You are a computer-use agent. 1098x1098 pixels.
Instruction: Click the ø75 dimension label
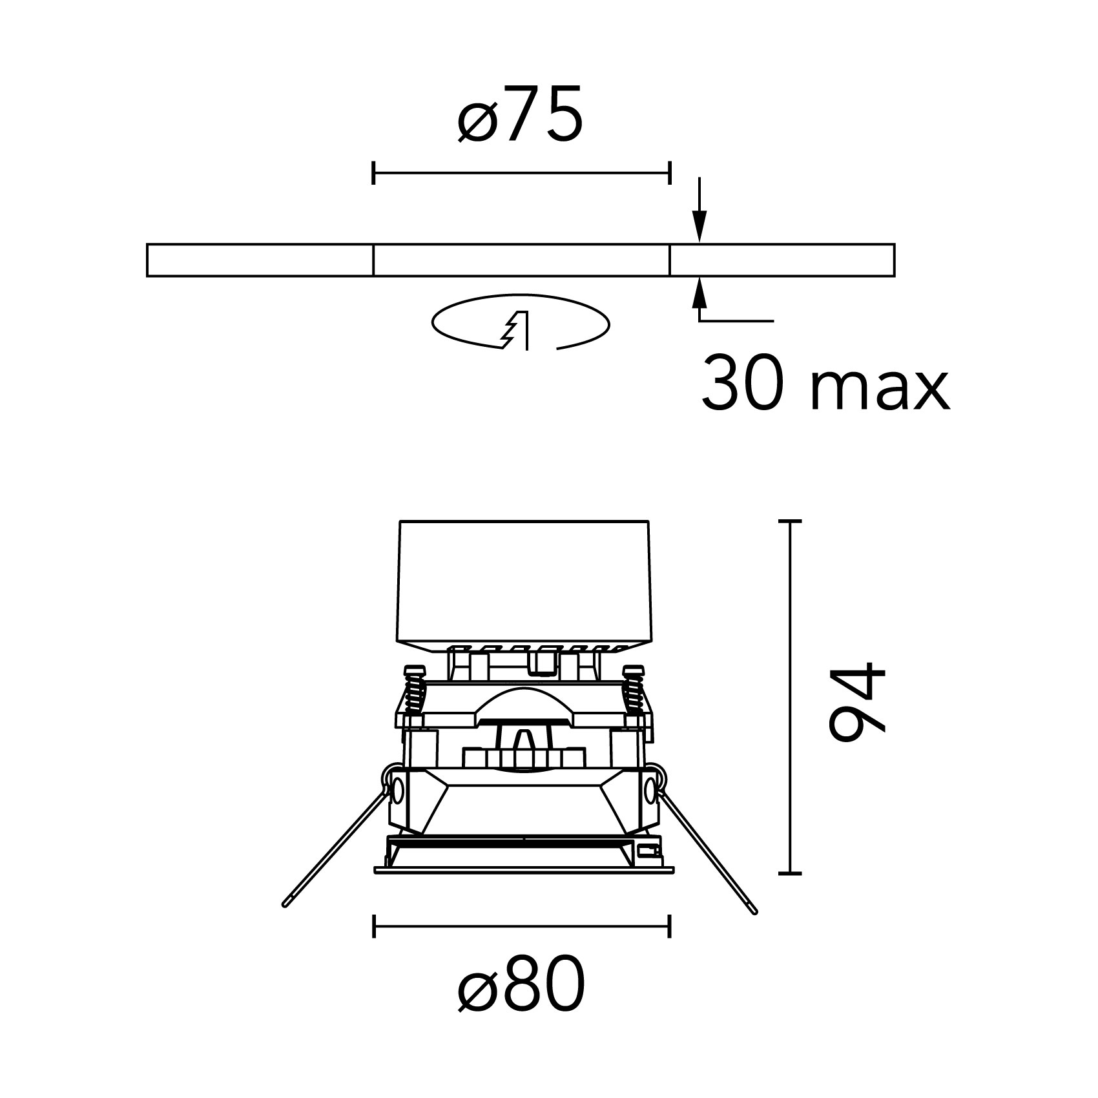click(x=519, y=114)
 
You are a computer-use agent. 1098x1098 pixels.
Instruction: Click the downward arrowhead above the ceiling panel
click(x=699, y=230)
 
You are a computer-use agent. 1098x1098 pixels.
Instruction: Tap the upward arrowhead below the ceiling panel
click(x=699, y=292)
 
